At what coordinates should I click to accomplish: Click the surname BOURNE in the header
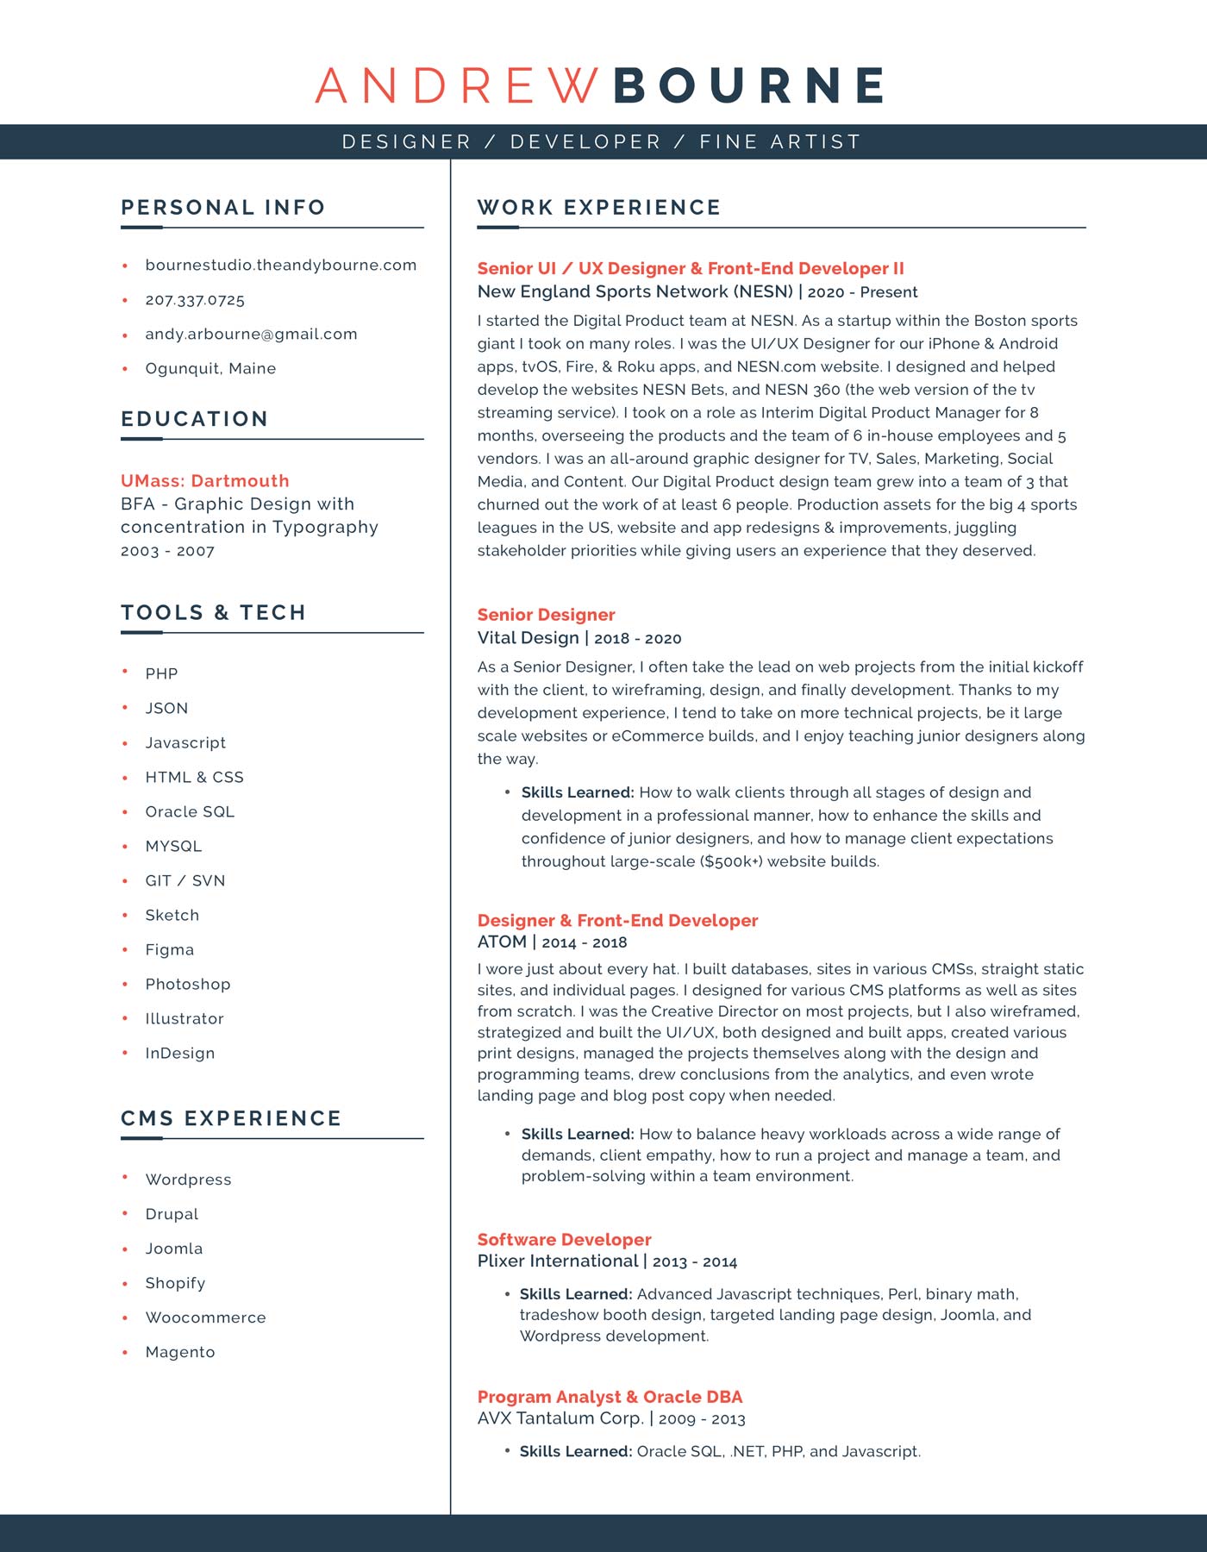click(748, 85)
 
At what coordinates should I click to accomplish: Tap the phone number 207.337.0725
click(195, 300)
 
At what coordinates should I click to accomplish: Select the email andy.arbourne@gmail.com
click(251, 335)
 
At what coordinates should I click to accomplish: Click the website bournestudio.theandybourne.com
click(280, 266)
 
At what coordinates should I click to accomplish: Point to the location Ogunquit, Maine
click(210, 369)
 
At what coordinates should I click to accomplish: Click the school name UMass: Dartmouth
click(204, 481)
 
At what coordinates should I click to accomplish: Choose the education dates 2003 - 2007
click(167, 551)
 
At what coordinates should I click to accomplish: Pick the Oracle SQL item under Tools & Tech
click(190, 812)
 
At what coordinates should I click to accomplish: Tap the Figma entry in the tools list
click(169, 950)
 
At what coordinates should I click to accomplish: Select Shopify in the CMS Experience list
click(175, 1283)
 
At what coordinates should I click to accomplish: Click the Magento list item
click(179, 1352)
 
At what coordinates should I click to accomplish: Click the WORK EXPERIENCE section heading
click(598, 208)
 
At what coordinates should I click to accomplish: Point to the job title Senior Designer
click(546, 615)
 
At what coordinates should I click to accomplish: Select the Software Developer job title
click(564, 1240)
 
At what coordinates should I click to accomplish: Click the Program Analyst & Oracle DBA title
click(610, 1397)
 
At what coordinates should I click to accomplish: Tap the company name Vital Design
click(528, 638)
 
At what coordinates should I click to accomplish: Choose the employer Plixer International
click(557, 1261)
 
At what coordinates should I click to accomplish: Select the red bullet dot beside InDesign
click(125, 1053)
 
